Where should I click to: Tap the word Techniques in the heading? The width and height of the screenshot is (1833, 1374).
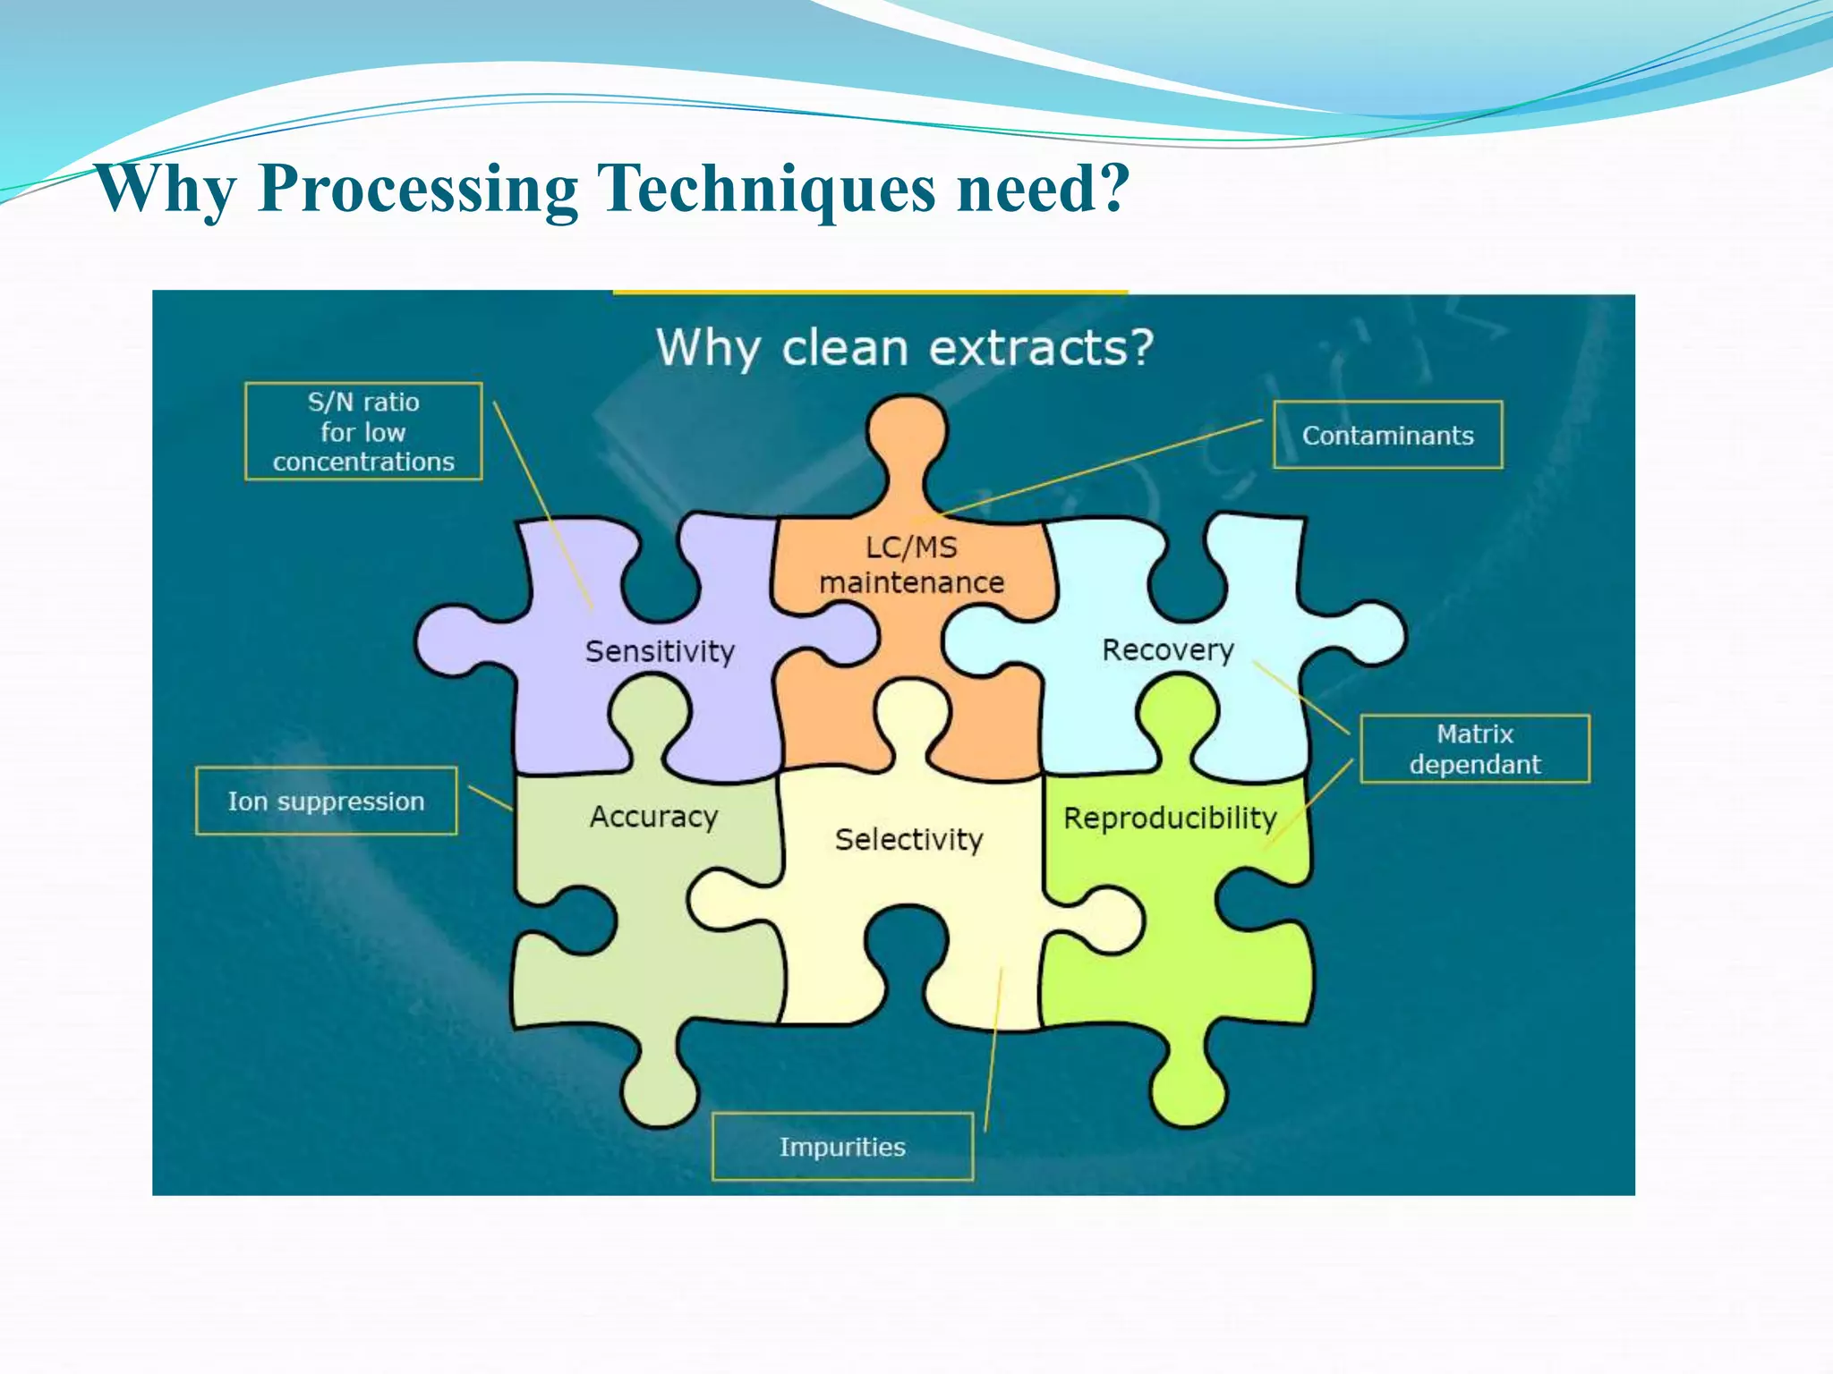[x=765, y=190]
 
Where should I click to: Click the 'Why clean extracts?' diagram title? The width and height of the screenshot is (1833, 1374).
[x=904, y=347]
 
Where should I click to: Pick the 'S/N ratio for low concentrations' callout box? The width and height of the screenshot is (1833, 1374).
[x=363, y=431]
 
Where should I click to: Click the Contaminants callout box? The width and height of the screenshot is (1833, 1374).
[x=1387, y=435]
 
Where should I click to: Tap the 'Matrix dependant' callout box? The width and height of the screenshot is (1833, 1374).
[x=1474, y=749]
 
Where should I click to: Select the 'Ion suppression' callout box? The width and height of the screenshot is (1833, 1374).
[x=326, y=801]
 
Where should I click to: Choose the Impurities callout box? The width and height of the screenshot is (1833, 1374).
[x=842, y=1147]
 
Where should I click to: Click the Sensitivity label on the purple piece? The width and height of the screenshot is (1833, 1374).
[x=660, y=651]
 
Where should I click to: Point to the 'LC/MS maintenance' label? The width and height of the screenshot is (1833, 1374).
[x=911, y=564]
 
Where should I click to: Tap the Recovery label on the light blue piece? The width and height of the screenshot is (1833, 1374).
[x=1167, y=649]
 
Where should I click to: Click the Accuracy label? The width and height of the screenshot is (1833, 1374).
[x=653, y=817]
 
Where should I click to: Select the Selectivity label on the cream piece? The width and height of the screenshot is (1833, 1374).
[x=908, y=839]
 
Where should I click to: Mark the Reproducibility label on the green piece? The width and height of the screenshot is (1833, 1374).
[x=1169, y=818]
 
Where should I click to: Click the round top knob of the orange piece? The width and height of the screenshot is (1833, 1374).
[x=906, y=434]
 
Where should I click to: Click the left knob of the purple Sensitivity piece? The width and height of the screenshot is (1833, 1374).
[x=452, y=640]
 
